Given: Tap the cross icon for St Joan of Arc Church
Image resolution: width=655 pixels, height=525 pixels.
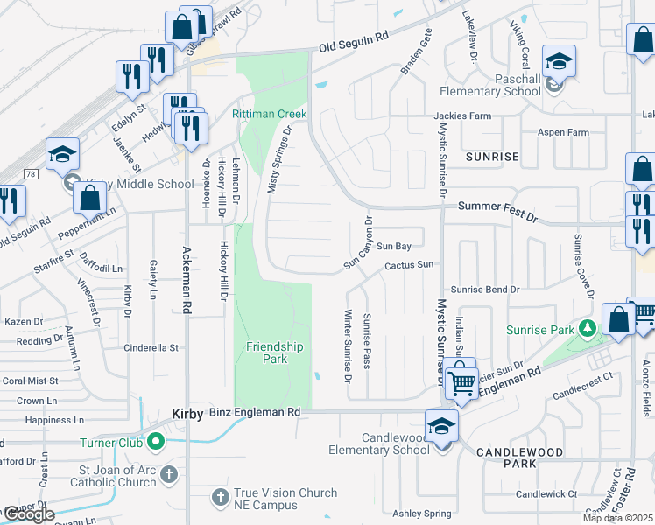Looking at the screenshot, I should click(169, 475).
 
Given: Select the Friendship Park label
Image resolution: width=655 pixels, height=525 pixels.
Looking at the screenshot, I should click(274, 353).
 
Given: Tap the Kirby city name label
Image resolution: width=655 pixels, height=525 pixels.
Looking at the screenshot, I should click(187, 412).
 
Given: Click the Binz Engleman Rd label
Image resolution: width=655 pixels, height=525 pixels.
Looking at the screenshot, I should click(255, 411).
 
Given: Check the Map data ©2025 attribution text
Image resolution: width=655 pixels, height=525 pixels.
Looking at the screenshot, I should click(617, 518).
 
